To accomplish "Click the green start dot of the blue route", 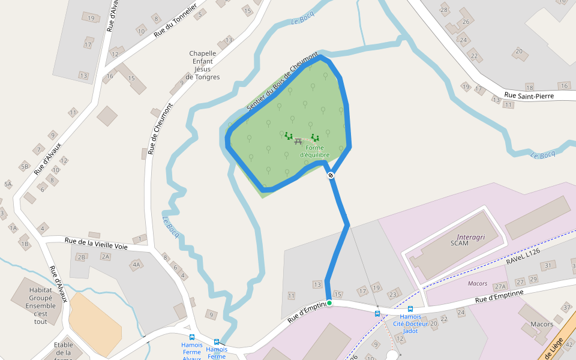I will point(329,303).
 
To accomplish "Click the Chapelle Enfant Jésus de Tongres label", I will point(203,65).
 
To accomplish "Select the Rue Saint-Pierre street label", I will point(527,95).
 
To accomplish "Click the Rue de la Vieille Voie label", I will point(96,242).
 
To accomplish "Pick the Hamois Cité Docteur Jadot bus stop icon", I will point(410,309).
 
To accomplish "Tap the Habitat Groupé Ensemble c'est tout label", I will point(40,305).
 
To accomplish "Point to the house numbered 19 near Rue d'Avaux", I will point(91,18).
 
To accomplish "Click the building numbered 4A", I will point(136,265).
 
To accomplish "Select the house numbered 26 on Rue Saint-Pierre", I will point(465,22).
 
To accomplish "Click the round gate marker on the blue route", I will point(331,175).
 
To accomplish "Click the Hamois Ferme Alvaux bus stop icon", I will point(192,337).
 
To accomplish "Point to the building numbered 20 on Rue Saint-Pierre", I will point(518,51).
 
